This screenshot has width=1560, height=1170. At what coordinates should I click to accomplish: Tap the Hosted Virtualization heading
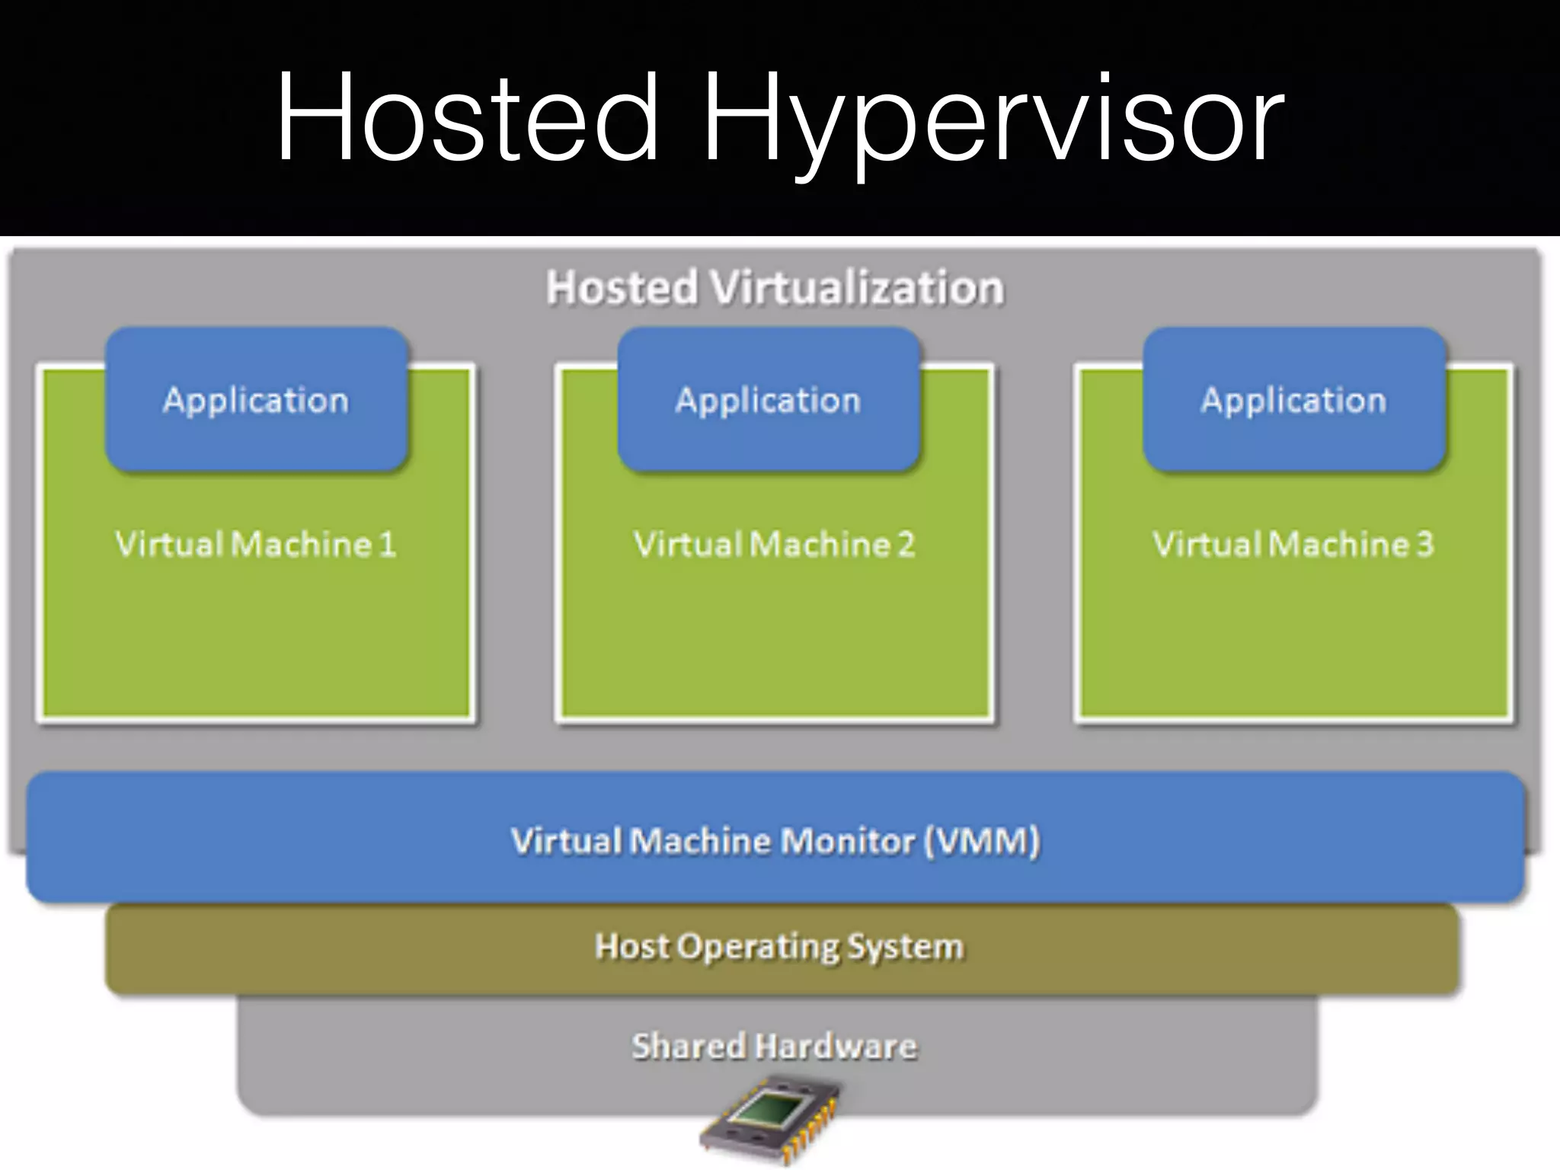tap(775, 288)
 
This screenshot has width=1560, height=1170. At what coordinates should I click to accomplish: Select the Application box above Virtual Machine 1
tap(256, 400)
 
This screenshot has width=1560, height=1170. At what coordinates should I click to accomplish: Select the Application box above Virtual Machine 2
tap(768, 400)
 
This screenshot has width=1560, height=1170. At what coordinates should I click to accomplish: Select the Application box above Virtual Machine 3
tap(1293, 400)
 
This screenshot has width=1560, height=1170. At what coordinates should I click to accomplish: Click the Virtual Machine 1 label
tap(256, 544)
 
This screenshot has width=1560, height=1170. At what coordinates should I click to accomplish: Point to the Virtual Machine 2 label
tap(774, 544)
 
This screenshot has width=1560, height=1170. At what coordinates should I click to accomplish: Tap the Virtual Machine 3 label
tap(1293, 544)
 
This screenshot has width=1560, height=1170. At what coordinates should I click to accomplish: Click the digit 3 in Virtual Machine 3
tap(1424, 544)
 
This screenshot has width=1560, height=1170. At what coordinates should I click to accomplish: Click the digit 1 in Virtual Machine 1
tap(388, 544)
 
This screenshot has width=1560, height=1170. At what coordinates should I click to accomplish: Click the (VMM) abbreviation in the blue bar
tap(983, 841)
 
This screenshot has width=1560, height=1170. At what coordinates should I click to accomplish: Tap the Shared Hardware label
tap(774, 1046)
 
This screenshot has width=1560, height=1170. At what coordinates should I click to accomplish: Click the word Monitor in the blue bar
tap(846, 841)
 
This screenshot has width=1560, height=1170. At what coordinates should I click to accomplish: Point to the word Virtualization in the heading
tap(856, 288)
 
